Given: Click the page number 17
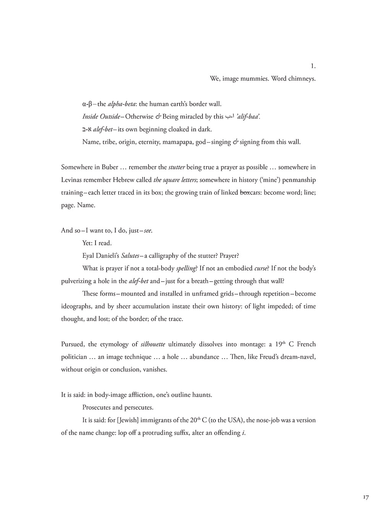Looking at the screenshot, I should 366,497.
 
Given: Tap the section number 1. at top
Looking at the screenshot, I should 313,66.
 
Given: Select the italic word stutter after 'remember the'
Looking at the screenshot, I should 177,167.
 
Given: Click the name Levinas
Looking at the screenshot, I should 73,180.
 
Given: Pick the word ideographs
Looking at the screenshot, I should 76,306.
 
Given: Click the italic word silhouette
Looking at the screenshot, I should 153,344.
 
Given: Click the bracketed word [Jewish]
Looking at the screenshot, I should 128,420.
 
